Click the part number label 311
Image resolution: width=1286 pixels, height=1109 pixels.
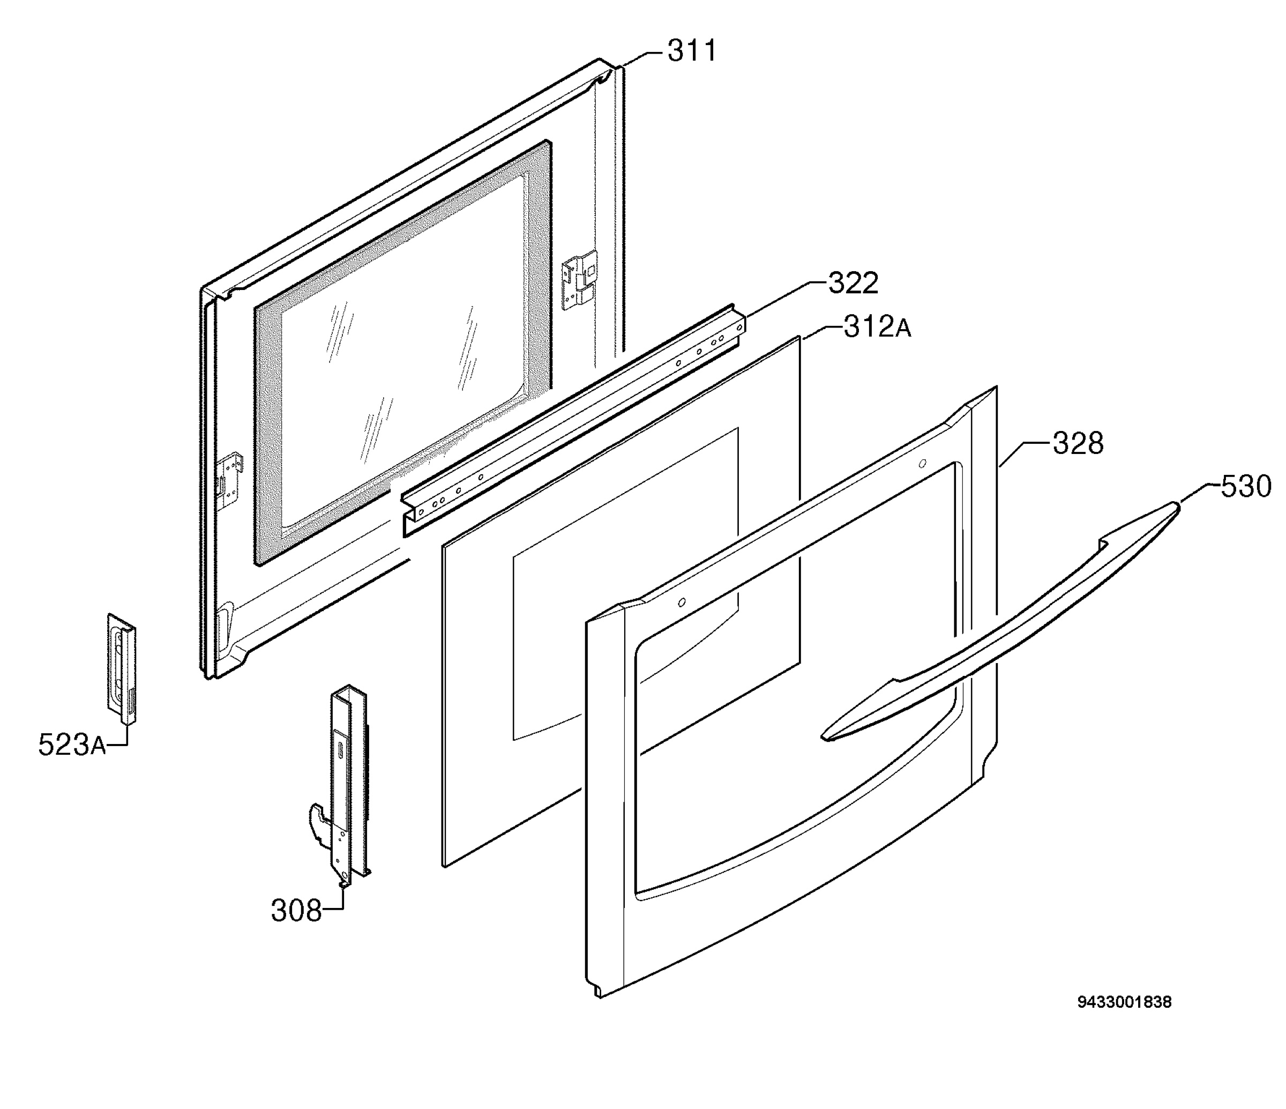tap(692, 51)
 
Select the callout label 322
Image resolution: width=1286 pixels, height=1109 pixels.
tap(854, 283)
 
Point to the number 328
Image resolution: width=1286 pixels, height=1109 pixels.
tap(1078, 443)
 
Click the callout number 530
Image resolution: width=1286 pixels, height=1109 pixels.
tap(1246, 486)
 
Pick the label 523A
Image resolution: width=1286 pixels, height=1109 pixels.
tap(72, 745)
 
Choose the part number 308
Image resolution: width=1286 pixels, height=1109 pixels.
tap(296, 911)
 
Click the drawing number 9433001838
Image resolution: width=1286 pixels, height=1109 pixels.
tap(1124, 1019)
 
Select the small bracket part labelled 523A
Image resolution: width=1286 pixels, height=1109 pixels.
tap(122, 669)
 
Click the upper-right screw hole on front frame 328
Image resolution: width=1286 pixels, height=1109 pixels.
tap(922, 464)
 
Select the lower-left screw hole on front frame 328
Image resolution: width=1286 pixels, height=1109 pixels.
tap(682, 602)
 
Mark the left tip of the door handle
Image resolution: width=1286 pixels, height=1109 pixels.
tap(823, 737)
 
